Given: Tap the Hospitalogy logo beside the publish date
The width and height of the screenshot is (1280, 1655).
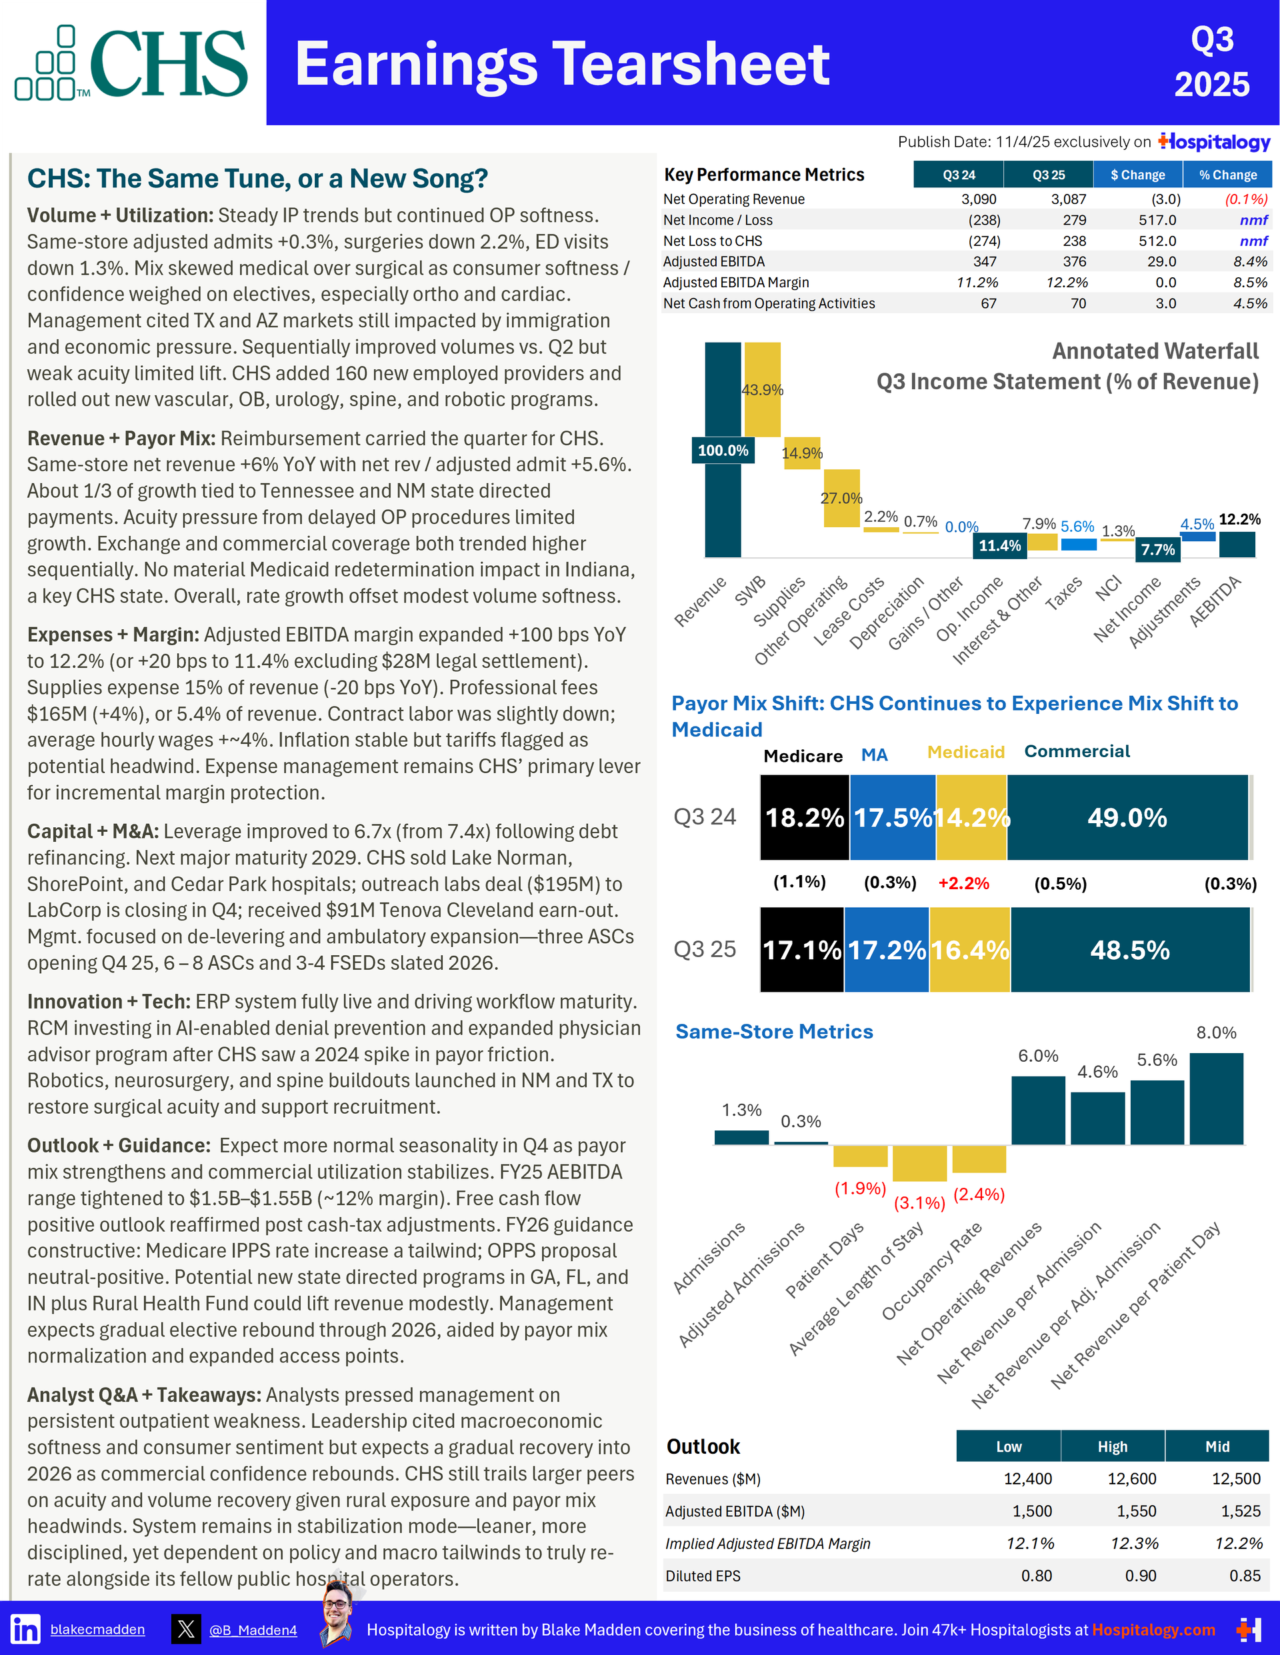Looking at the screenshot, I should click(1214, 142).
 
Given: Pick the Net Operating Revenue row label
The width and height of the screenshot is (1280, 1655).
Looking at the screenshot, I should click(733, 199).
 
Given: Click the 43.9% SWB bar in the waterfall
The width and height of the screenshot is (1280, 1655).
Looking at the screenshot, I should click(763, 389).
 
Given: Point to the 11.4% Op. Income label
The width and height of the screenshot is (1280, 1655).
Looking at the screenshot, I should click(999, 546).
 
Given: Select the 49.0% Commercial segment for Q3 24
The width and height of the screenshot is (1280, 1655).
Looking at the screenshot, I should click(1127, 818).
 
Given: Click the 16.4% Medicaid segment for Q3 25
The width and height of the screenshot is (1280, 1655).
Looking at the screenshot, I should click(969, 950).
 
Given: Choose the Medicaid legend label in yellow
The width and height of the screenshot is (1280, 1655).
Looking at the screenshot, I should click(965, 752).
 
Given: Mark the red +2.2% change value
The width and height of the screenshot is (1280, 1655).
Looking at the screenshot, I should click(963, 882).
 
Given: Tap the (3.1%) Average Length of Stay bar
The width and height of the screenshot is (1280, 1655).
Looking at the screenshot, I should click(919, 1162).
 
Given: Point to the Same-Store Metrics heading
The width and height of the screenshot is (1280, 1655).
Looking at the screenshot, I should click(774, 1031).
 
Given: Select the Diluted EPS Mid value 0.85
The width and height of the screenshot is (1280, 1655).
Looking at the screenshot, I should click(1245, 1576).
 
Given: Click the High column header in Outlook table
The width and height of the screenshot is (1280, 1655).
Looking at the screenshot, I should click(1112, 1446).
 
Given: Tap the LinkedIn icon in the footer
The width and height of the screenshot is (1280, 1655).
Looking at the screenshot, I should click(26, 1628).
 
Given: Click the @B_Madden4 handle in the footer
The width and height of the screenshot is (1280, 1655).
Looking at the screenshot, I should click(253, 1630).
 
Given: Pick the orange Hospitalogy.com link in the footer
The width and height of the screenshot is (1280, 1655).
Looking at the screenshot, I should click(1153, 1629).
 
